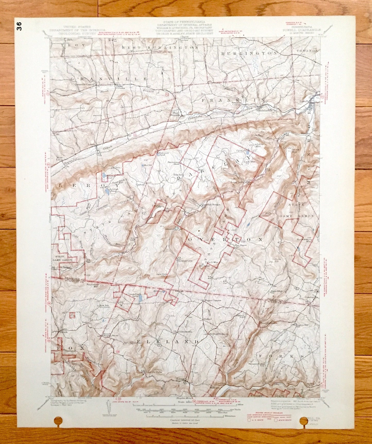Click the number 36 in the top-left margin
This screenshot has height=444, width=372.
point(20,26)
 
